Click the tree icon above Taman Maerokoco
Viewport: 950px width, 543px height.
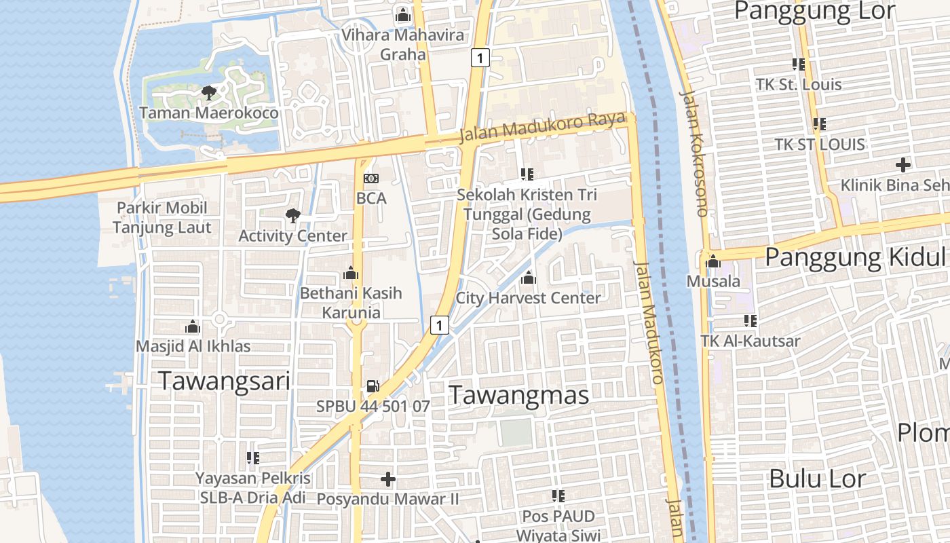pyautogui.click(x=208, y=92)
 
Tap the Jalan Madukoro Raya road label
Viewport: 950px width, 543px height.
pyautogui.click(x=541, y=127)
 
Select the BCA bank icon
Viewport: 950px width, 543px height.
pyautogui.click(x=371, y=178)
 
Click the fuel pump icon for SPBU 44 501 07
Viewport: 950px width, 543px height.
pyautogui.click(x=373, y=386)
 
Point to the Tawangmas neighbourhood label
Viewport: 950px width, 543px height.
pyautogui.click(x=519, y=394)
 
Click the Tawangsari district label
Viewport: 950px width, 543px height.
pyautogui.click(x=224, y=381)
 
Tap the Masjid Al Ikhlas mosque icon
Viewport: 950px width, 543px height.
pyautogui.click(x=193, y=326)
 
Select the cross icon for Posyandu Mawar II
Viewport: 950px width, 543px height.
pyautogui.click(x=388, y=479)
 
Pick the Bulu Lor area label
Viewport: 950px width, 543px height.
pyautogui.click(x=817, y=479)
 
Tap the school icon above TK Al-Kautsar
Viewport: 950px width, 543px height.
pyautogui.click(x=750, y=320)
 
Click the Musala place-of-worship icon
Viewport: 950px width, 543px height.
pyautogui.click(x=713, y=261)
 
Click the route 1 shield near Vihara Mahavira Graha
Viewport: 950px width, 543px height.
pyautogui.click(x=480, y=58)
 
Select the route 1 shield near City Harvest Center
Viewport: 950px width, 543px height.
pyautogui.click(x=440, y=326)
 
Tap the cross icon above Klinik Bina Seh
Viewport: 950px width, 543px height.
pyautogui.click(x=902, y=164)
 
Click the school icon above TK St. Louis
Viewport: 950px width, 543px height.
pyautogui.click(x=799, y=64)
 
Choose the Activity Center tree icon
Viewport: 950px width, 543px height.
pyautogui.click(x=292, y=216)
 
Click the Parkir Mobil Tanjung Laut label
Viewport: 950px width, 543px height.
pyautogui.click(x=162, y=217)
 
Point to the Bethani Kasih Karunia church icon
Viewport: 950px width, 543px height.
pyautogui.click(x=351, y=273)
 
